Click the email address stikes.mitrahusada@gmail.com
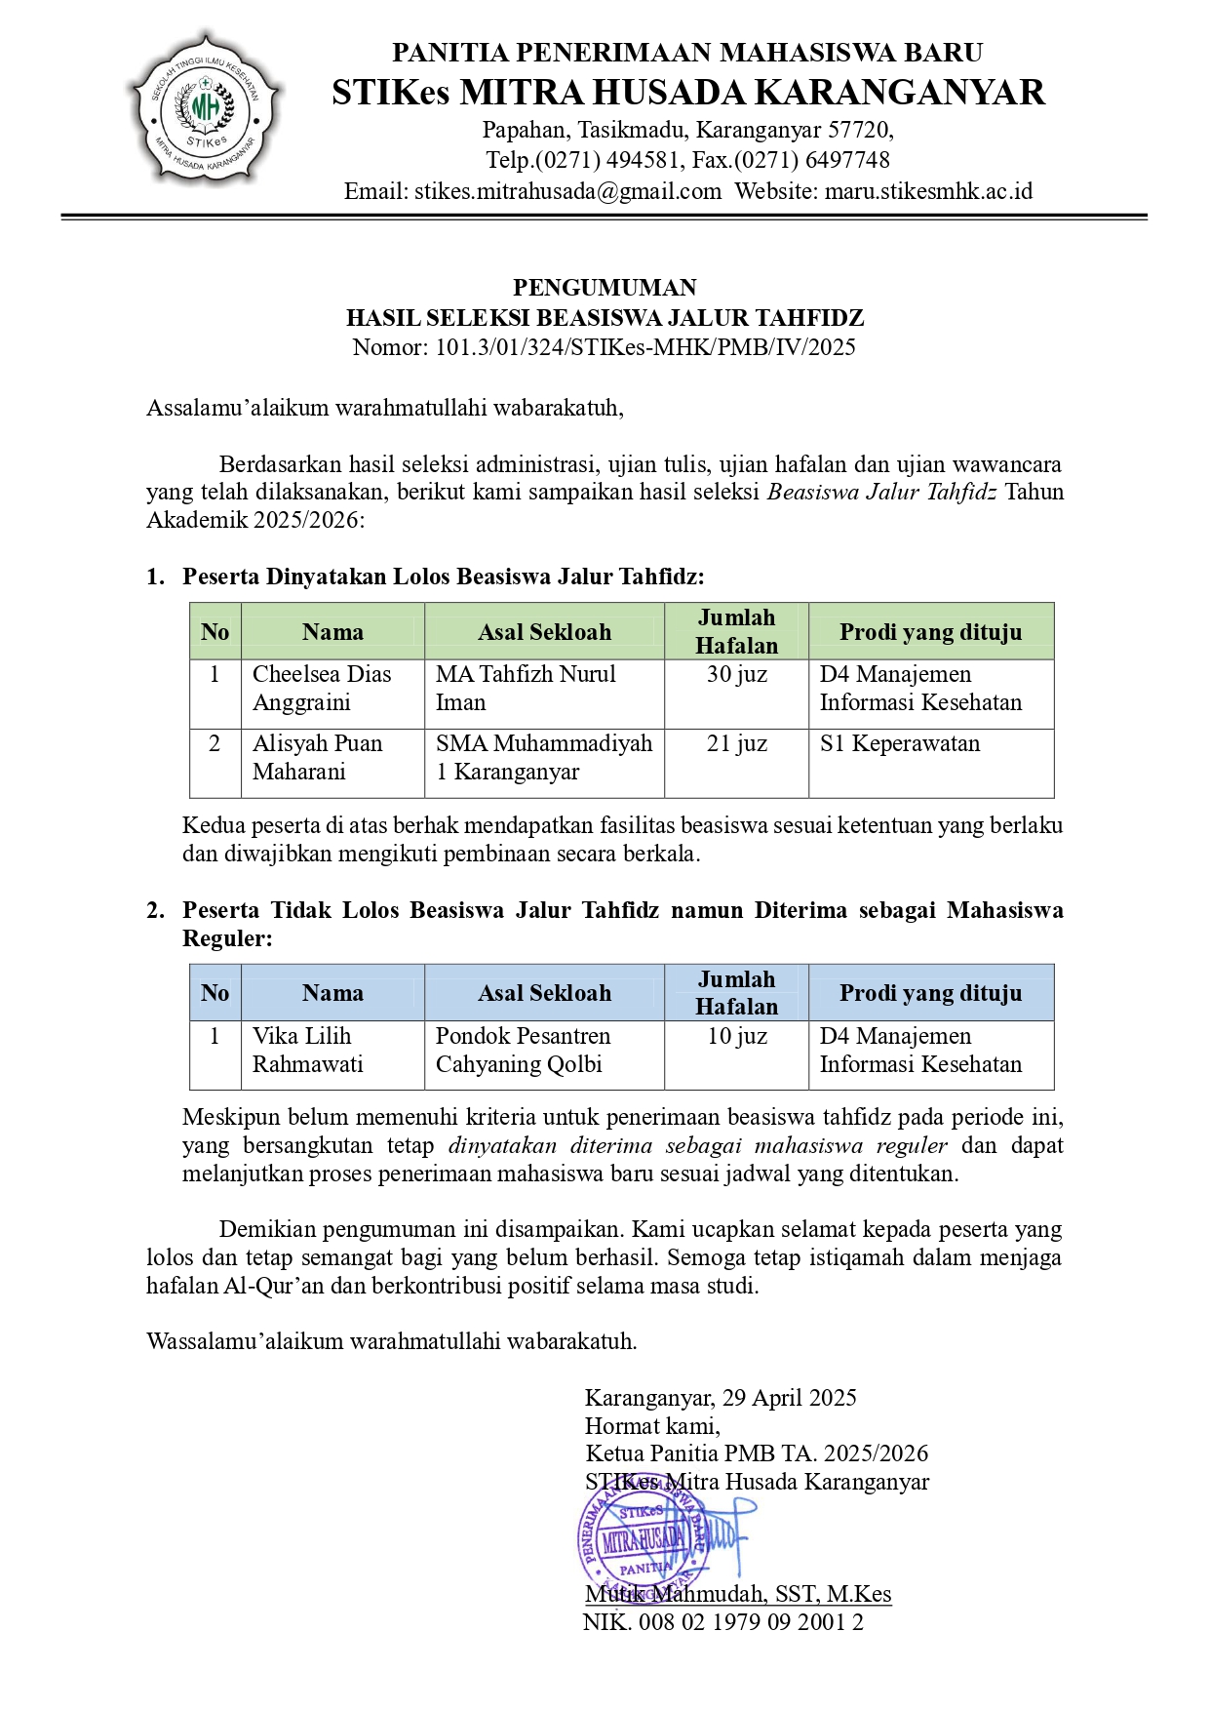tap(533, 191)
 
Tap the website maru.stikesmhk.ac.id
tap(928, 191)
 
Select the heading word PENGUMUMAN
tap(605, 288)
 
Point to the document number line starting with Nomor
tap(605, 347)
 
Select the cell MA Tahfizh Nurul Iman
tap(543, 689)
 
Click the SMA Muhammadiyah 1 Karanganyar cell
tap(543, 758)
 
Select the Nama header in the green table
tap(332, 632)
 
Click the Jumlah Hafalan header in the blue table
tap(736, 993)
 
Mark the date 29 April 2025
tap(789, 1398)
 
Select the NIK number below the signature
tap(722, 1622)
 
